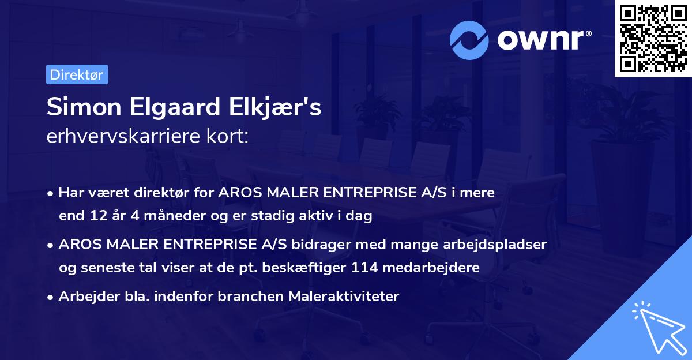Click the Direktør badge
coord(77,74)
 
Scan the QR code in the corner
coord(652,39)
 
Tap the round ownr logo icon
coord(469,40)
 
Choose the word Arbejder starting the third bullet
coord(84,297)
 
